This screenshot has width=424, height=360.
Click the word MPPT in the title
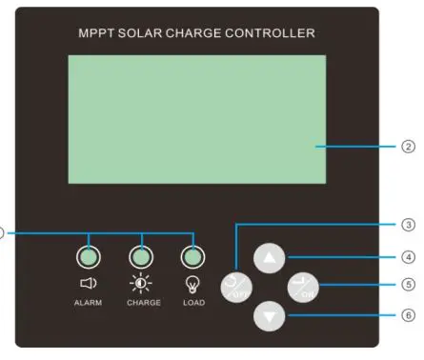(x=95, y=33)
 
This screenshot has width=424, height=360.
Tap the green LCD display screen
(x=195, y=118)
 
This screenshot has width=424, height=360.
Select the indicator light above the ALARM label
(x=88, y=256)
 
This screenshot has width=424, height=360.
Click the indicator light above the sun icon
(x=141, y=256)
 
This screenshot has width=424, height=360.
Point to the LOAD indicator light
(x=193, y=256)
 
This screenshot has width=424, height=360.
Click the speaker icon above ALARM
(x=87, y=283)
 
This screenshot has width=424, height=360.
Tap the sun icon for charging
(x=141, y=283)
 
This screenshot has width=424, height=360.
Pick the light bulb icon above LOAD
(x=193, y=283)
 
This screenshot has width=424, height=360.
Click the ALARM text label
(x=87, y=303)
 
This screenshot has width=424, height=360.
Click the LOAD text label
(x=193, y=303)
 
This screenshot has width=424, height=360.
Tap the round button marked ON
(x=305, y=287)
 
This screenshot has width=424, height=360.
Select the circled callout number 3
(x=409, y=226)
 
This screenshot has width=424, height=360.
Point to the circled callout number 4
(x=409, y=256)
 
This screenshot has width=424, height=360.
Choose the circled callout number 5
(x=409, y=284)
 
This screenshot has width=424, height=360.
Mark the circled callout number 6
(x=409, y=314)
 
